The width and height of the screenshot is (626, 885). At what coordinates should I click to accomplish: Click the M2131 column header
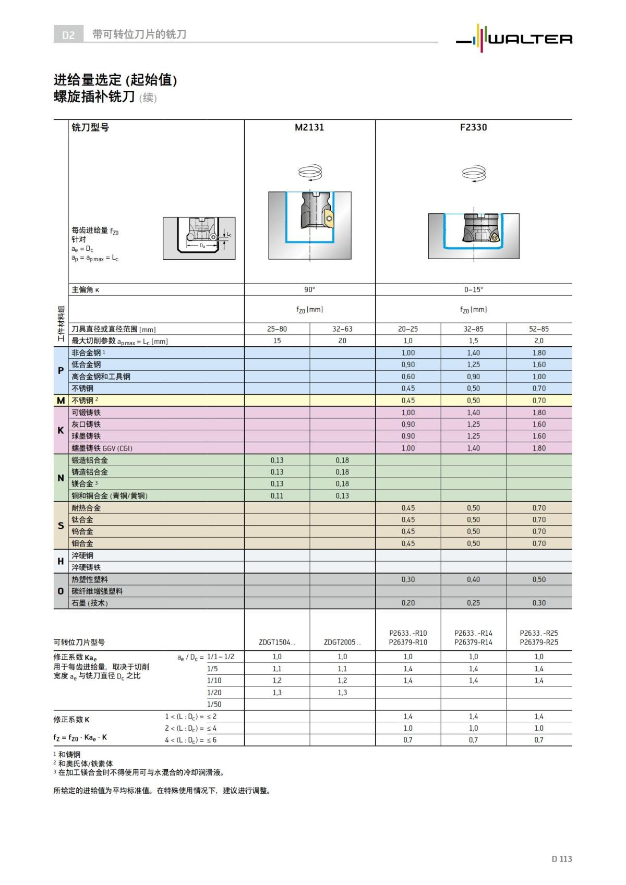[309, 128]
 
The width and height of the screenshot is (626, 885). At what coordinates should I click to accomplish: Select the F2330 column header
[473, 128]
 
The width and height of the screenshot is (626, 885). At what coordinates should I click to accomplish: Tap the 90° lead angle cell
[309, 289]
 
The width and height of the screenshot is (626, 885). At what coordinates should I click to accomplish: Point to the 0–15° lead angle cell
[473, 289]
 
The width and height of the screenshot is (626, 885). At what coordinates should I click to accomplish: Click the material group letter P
[61, 371]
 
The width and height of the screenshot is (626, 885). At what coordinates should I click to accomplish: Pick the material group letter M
[61, 401]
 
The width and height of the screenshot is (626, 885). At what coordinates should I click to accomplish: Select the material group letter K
[61, 430]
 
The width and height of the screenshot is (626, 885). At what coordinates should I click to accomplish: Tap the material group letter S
[61, 526]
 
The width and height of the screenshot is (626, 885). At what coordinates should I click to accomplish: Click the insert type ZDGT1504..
[276, 642]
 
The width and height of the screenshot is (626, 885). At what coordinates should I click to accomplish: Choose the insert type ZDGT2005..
[342, 642]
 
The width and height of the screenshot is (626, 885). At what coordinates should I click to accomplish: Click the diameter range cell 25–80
[276, 329]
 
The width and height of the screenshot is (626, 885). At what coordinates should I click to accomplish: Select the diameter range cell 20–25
[407, 329]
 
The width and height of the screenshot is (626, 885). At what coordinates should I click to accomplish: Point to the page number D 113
[561, 859]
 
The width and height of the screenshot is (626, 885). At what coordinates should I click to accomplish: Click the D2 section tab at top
[68, 35]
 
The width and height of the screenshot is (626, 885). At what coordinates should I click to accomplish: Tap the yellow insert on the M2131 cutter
[328, 219]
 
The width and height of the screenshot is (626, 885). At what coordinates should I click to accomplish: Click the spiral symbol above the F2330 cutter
[473, 173]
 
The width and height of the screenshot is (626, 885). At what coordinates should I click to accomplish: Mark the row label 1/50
[214, 705]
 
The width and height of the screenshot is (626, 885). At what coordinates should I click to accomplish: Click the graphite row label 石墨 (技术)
[90, 603]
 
